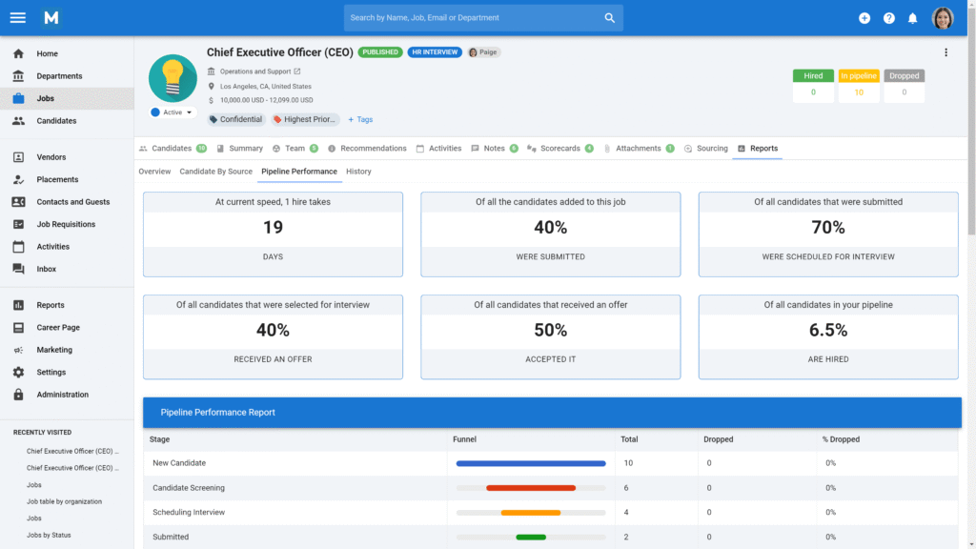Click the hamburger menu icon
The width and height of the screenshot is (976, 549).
17,17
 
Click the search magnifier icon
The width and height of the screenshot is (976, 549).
610,18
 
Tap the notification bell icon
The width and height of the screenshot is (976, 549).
912,18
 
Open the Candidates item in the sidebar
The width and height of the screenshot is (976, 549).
56,121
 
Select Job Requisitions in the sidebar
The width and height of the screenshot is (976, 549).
66,224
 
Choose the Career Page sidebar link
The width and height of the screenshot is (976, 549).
58,328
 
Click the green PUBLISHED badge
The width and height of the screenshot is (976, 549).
380,52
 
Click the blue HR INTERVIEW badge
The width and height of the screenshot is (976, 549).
435,52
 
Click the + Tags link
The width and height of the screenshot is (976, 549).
360,120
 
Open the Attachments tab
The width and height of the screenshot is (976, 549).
638,149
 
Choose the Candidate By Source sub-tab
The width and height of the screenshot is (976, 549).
216,172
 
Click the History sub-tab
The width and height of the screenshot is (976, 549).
358,172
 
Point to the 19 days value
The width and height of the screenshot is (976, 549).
273,228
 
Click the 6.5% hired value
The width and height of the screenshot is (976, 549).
827,330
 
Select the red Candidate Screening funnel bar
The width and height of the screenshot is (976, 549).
531,488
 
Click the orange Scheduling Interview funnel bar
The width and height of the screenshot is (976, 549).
531,513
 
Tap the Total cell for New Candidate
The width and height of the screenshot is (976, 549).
628,463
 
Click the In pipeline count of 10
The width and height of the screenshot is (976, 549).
859,92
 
